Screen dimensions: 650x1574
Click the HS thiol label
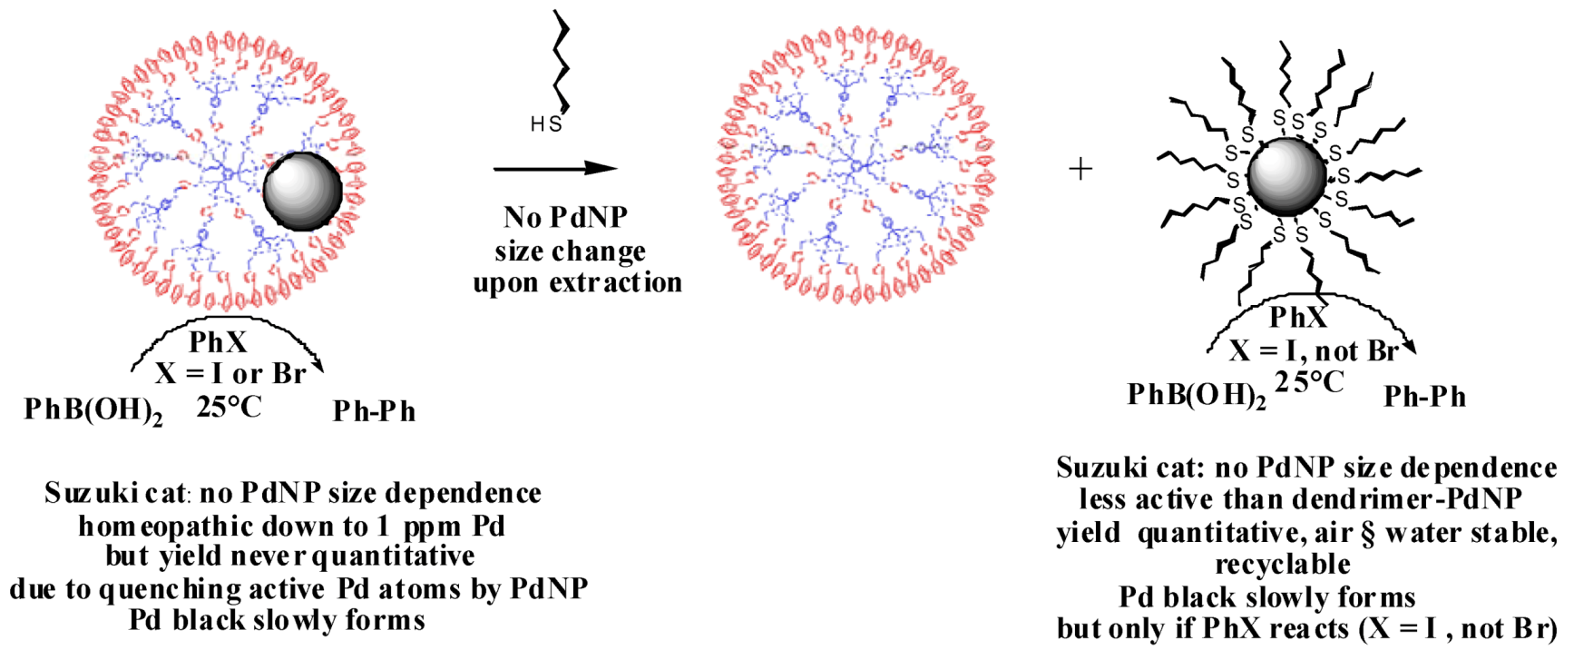[x=546, y=123]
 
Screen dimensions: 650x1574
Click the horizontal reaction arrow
[x=554, y=168]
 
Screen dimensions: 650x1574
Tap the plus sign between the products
[x=1080, y=169]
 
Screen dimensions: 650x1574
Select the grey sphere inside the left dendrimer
[x=302, y=191]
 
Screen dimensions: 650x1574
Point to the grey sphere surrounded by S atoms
[x=1286, y=176]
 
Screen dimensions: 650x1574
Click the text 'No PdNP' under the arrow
[x=565, y=218]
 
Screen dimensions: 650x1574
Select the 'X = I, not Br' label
[x=1313, y=351]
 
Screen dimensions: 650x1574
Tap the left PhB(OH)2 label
[x=93, y=411]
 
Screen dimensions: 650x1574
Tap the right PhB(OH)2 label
[x=1197, y=396]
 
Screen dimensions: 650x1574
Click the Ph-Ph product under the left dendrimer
[x=374, y=412]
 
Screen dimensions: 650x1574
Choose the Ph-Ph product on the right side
[x=1424, y=397]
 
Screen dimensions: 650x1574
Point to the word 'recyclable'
[x=1283, y=565]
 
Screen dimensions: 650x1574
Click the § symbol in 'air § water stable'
[x=1369, y=533]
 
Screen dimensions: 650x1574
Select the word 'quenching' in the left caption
[x=170, y=590]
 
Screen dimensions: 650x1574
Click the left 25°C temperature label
[x=229, y=407]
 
